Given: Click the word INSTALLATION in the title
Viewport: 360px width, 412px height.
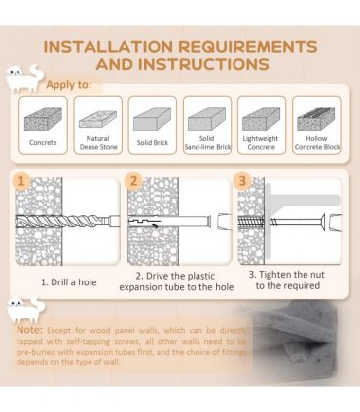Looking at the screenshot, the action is pyautogui.click(x=109, y=47).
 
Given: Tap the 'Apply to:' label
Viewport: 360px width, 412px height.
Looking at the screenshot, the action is pyautogui.click(x=69, y=85).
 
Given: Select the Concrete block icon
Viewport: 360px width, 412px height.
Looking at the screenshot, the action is pyautogui.click(x=43, y=119).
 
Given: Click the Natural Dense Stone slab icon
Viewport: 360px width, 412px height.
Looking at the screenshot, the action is pyautogui.click(x=97, y=119).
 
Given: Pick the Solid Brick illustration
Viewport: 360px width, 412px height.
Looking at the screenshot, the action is pyautogui.click(x=152, y=119).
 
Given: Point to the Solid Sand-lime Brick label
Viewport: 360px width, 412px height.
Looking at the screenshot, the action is pyautogui.click(x=207, y=143).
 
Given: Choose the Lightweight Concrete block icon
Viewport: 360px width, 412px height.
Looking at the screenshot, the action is pyautogui.click(x=261, y=119).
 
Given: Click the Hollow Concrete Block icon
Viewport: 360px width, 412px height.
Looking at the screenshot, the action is pyautogui.click(x=316, y=119).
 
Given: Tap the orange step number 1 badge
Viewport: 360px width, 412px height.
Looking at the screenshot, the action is pyautogui.click(x=21, y=181).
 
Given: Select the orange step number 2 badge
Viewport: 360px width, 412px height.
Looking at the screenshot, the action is pyautogui.click(x=133, y=181).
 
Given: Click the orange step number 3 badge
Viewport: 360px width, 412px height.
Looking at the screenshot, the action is pyautogui.click(x=242, y=180).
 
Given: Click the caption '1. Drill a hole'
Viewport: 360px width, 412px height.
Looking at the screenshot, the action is pyautogui.click(x=69, y=282).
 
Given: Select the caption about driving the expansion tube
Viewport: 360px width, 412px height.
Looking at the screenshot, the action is pyautogui.click(x=176, y=281).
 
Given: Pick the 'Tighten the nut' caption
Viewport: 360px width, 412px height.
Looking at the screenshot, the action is pyautogui.click(x=287, y=281).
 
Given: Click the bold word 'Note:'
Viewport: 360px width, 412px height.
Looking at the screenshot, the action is pyautogui.click(x=30, y=330).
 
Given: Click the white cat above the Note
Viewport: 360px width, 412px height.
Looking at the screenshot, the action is pyautogui.click(x=26, y=311).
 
